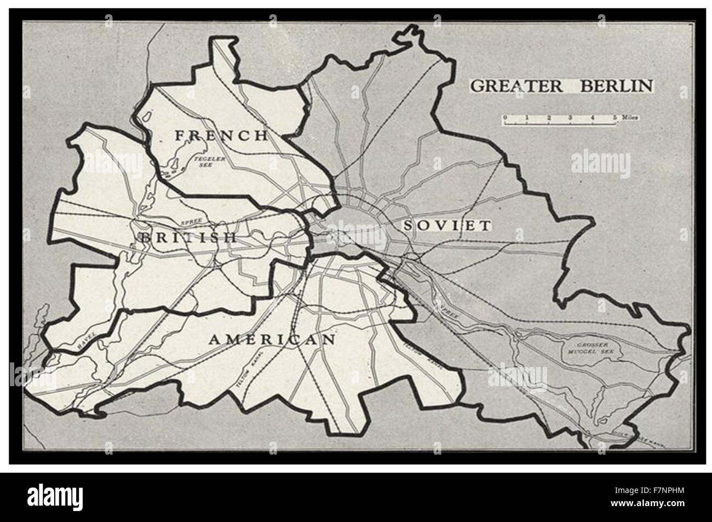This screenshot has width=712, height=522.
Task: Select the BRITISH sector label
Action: tap(188, 237)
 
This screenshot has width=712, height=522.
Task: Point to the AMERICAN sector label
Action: tap(272, 339)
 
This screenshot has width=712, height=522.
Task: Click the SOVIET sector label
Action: tap(446, 225)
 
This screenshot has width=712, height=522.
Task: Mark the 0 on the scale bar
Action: tap(505, 117)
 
